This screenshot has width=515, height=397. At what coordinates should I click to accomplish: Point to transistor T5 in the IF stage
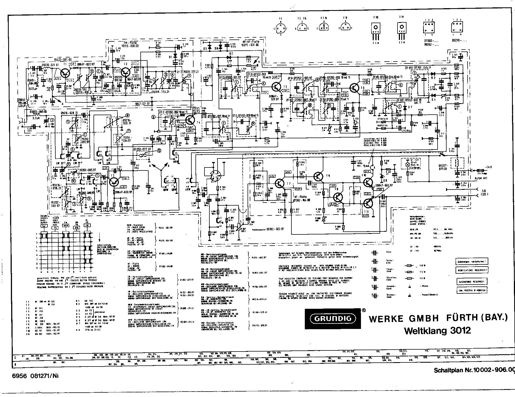(x=277, y=87)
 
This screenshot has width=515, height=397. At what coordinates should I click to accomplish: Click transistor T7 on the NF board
(x=280, y=183)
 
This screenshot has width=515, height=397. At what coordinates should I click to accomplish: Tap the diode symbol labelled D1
(x=175, y=57)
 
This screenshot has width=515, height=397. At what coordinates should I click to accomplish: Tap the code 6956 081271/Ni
(x=35, y=376)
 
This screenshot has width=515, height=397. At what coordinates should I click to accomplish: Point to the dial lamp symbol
(x=408, y=165)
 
